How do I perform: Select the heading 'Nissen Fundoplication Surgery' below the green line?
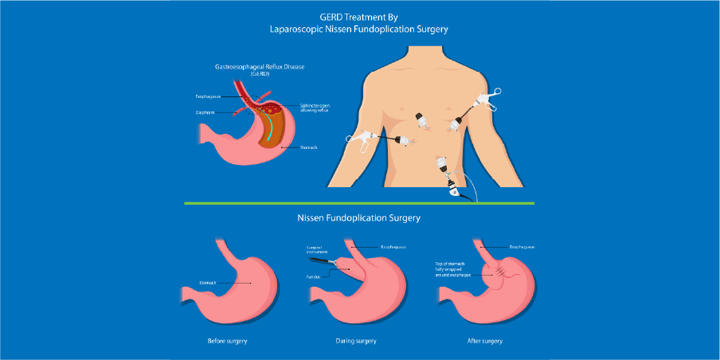coord(360,217)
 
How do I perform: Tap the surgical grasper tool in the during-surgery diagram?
coord(322,260)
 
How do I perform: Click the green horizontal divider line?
coord(359,203)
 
